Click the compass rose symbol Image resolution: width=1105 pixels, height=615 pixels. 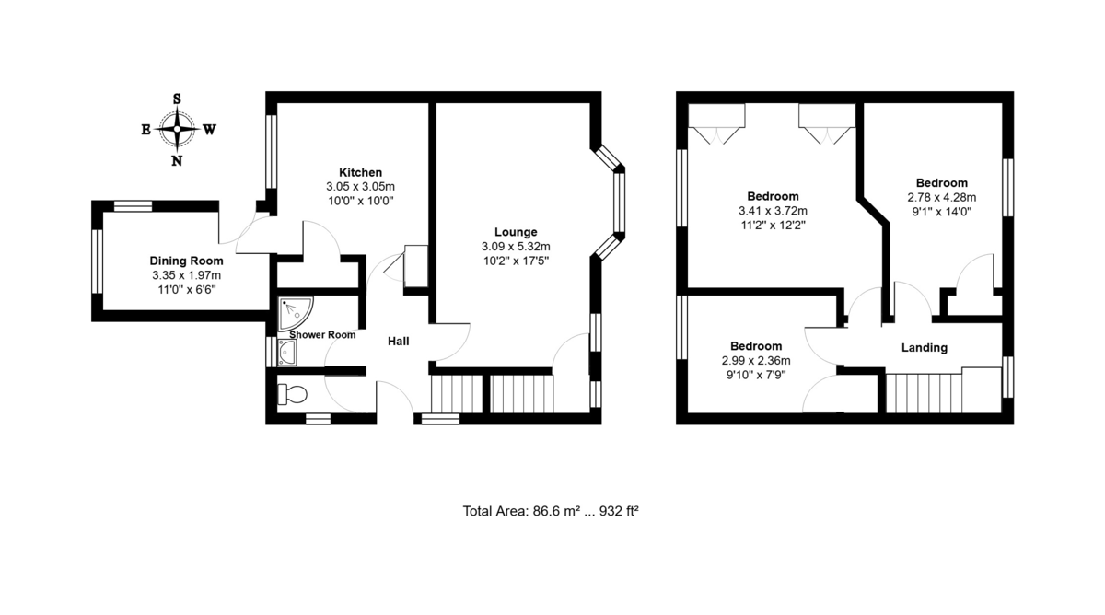177,130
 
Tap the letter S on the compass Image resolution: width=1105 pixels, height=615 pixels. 177,99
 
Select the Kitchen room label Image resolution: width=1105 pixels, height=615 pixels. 360,172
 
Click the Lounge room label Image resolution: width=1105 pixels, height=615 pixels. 515,232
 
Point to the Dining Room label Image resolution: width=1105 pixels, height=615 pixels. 186,261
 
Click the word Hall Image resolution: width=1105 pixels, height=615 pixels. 398,342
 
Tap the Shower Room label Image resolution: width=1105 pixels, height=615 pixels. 322,335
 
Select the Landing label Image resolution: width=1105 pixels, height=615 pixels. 924,347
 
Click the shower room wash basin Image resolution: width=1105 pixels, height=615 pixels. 286,352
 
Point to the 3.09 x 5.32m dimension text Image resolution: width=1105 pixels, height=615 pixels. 515,247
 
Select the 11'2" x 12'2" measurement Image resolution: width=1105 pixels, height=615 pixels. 772,225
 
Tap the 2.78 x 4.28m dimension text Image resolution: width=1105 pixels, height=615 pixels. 941,197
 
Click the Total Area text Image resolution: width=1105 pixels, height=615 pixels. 551,511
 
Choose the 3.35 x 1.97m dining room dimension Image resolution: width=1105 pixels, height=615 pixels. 186,275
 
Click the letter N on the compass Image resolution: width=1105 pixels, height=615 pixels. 177,161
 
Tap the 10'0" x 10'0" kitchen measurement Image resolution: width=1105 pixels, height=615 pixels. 360,200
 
